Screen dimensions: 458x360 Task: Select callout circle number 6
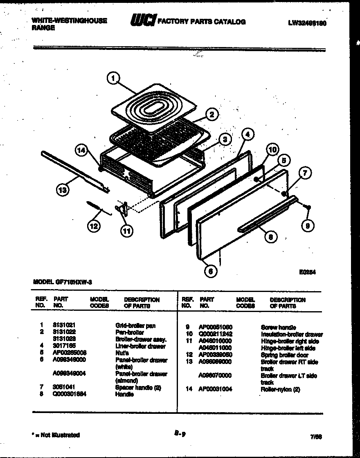(x=211, y=271)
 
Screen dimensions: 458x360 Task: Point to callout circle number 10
(x=273, y=150)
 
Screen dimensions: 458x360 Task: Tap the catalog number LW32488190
(x=307, y=23)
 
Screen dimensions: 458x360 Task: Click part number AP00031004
(x=215, y=389)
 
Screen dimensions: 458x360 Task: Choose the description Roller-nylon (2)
(x=280, y=389)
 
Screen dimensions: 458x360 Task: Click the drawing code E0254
(x=308, y=271)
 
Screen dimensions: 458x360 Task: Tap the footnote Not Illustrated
(x=58, y=435)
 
